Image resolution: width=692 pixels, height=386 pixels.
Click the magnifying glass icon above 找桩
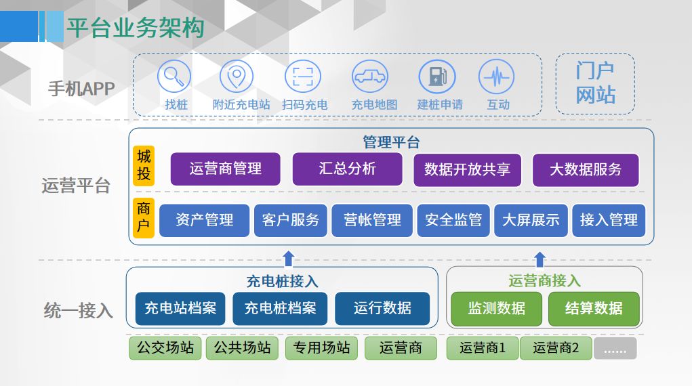pyautogui.click(x=174, y=77)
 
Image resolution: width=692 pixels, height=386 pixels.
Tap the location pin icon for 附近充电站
pyautogui.click(x=237, y=77)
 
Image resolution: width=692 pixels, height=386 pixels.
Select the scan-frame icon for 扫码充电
pyautogui.click(x=303, y=77)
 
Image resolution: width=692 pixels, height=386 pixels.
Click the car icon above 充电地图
pyautogui.click(x=370, y=77)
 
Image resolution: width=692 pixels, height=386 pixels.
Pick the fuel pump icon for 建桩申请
pyautogui.click(x=437, y=77)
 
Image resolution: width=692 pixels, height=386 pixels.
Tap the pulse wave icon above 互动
pyautogui.click(x=497, y=77)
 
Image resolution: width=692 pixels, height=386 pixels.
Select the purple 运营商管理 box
pyautogui.click(x=226, y=169)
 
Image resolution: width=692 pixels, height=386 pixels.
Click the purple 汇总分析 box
pyautogui.click(x=347, y=169)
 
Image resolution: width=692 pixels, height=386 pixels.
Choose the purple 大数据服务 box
pyautogui.click(x=586, y=170)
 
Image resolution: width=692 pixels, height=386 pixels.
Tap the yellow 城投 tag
pyautogui.click(x=144, y=165)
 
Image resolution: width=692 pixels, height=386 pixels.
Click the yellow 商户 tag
pyautogui.click(x=144, y=218)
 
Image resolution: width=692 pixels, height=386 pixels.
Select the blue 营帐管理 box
pyautogui.click(x=372, y=220)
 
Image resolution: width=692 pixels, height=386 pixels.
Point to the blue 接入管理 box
pyautogui.click(x=609, y=220)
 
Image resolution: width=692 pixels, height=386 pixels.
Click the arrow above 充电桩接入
pyautogui.click(x=289, y=259)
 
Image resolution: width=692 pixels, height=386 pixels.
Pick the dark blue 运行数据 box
pyautogui.click(x=382, y=308)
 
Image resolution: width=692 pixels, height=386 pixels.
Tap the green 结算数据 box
pyautogui.click(x=594, y=309)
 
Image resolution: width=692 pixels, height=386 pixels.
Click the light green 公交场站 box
pyautogui.click(x=165, y=348)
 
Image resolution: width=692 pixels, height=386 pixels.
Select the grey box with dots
pyautogui.click(x=615, y=349)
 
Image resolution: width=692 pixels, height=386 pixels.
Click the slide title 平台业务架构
pyautogui.click(x=135, y=28)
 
